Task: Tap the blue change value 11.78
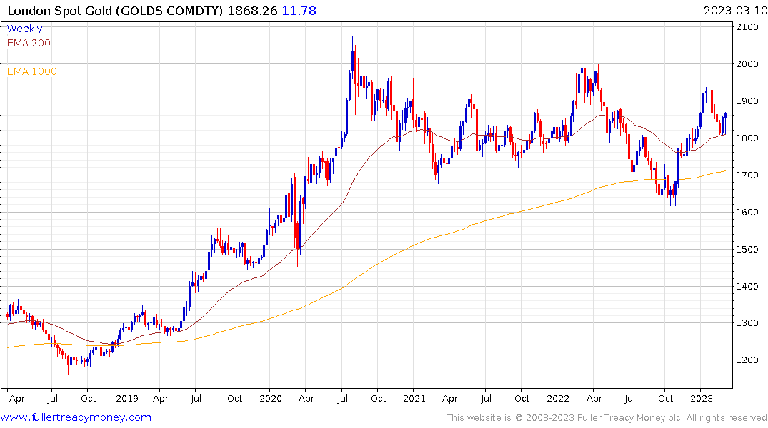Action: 300,11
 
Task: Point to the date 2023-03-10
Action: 733,11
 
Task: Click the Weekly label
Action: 24,29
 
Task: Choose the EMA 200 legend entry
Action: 29,43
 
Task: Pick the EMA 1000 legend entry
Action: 32,71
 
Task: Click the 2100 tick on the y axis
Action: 748,27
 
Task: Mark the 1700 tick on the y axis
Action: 748,175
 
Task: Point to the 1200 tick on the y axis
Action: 748,360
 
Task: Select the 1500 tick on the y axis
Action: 748,249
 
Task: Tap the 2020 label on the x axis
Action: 270,399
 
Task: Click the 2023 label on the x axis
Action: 702,399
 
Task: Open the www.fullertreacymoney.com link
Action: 76,417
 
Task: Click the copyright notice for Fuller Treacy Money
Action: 607,418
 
